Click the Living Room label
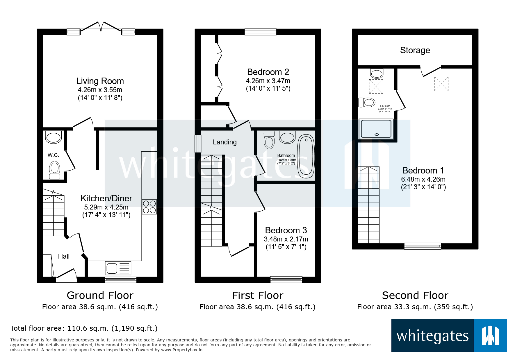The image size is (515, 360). (100, 81)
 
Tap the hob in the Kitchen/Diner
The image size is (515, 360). (149, 207)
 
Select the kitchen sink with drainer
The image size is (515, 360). (118, 268)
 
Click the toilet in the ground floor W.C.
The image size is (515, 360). (54, 170)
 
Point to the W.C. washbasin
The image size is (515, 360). (54, 137)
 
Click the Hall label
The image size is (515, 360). (64, 256)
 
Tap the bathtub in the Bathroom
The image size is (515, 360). (306, 156)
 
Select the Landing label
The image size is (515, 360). (224, 142)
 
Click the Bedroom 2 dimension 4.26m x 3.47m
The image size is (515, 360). (268, 81)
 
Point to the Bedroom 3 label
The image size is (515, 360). (286, 230)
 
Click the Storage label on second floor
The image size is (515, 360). (415, 50)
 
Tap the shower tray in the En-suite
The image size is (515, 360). (376, 129)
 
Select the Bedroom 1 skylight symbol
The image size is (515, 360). (441, 84)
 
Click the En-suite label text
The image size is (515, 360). (385, 106)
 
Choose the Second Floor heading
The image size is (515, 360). (415, 295)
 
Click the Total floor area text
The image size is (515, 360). (84, 328)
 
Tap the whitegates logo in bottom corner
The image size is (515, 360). (449, 336)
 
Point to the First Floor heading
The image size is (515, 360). (258, 295)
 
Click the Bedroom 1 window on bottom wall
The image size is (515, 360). (423, 246)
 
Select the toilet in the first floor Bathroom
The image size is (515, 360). (269, 140)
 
